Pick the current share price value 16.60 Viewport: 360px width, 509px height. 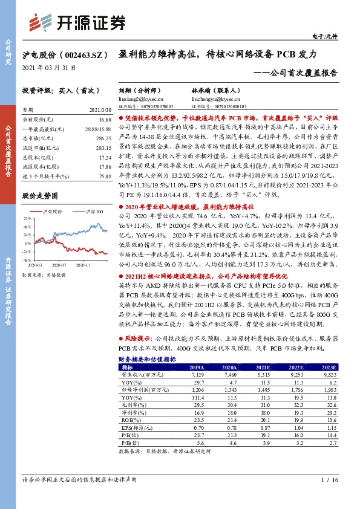[x=104, y=121]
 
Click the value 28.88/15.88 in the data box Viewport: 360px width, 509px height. [x=99, y=129]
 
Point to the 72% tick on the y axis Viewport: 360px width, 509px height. [x=27, y=218]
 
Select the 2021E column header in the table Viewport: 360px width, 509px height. [x=263, y=366]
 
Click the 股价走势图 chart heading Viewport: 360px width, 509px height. [x=41, y=196]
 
